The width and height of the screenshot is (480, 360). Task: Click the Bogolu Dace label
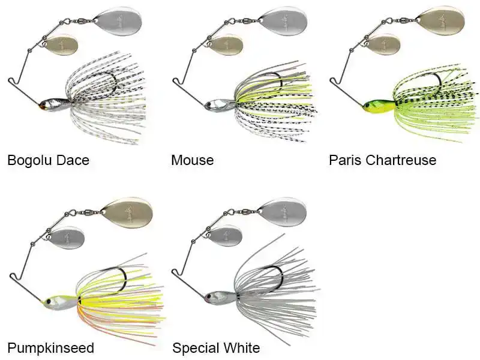coord(48,160)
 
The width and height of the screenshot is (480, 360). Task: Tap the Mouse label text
coord(192,160)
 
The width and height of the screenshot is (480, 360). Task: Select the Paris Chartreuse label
coord(382,160)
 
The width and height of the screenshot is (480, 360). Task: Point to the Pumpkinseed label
coord(50,348)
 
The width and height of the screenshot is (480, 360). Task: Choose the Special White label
coord(216,348)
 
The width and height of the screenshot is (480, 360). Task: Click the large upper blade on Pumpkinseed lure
coord(127,212)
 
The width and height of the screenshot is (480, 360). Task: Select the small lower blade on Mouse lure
coord(227,46)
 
